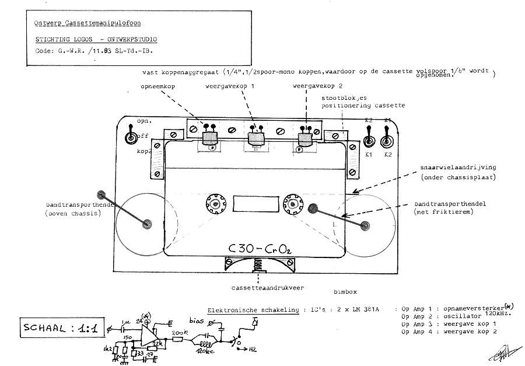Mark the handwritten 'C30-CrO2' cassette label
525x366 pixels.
coord(257,248)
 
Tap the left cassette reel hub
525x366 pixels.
coord(215,204)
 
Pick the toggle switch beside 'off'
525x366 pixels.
coord(131,138)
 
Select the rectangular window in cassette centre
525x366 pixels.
coord(250,204)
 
